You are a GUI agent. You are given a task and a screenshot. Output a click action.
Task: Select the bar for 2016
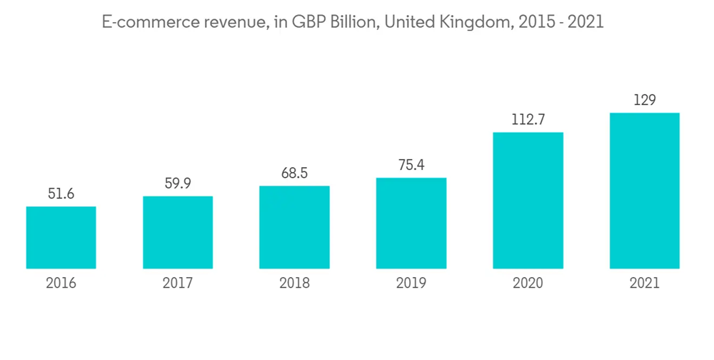click(61, 238)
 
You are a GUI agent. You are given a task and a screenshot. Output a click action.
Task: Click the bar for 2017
click(178, 233)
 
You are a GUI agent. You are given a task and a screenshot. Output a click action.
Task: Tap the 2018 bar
click(294, 228)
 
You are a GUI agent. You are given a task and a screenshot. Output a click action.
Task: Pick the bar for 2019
click(411, 224)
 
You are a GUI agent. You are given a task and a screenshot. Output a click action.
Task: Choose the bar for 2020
click(528, 201)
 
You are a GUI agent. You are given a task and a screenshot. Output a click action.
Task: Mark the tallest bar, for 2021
click(644, 191)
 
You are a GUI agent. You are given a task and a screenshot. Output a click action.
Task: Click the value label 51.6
click(61, 194)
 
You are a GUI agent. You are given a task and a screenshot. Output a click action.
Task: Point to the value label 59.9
click(178, 184)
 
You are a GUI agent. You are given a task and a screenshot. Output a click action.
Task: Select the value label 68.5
click(294, 174)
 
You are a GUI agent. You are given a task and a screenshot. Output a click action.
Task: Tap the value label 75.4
click(411, 165)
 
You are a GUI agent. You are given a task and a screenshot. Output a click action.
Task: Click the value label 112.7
click(528, 119)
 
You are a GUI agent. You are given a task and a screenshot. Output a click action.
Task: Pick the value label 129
click(644, 100)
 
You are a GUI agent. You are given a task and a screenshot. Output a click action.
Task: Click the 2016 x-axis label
click(61, 284)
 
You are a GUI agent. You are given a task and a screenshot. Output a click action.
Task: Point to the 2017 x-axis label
click(178, 284)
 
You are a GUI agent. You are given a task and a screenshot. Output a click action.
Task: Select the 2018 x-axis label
click(294, 284)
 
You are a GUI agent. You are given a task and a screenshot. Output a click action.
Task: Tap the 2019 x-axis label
click(411, 284)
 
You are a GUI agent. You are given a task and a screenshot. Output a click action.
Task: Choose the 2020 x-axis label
click(528, 284)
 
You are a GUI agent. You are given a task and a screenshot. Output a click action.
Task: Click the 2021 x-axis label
click(644, 284)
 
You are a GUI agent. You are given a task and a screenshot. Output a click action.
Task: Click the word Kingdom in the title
click(471, 23)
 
